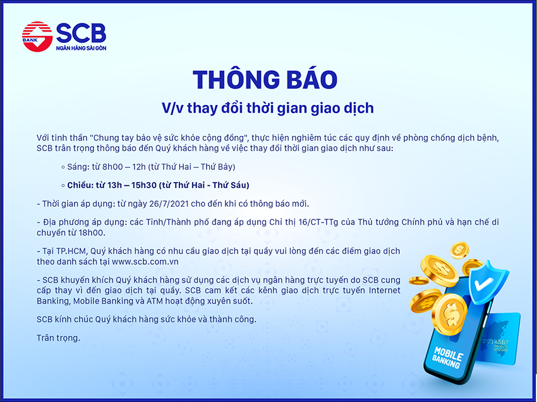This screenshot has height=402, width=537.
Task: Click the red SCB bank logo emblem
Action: pyautogui.click(x=37, y=37)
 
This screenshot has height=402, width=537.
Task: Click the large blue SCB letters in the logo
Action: pyautogui.click(x=81, y=33)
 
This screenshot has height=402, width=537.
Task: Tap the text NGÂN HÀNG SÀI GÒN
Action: pyautogui.click(x=81, y=48)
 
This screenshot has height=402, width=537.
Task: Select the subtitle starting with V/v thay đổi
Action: pyautogui.click(x=267, y=108)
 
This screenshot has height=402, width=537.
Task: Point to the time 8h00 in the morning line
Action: pyautogui.click(x=112, y=167)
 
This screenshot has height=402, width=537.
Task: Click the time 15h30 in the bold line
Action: pyautogui.click(x=144, y=185)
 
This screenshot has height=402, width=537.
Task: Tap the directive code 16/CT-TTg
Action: pyautogui.click(x=318, y=222)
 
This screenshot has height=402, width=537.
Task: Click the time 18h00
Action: pyautogui.click(x=93, y=233)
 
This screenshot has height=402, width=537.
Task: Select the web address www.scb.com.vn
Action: pyautogui.click(x=145, y=262)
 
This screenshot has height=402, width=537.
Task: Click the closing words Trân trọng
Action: pyautogui.click(x=58, y=338)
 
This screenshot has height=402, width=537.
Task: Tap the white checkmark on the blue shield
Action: pyautogui.click(x=483, y=284)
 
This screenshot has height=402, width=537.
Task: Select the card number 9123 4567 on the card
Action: pyautogui.click(x=495, y=342)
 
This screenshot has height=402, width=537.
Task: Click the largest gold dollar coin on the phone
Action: pyautogui.click(x=450, y=314)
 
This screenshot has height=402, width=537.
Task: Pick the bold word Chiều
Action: pyautogui.click(x=80, y=185)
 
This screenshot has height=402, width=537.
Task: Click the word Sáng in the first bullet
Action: pyautogui.click(x=78, y=167)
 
